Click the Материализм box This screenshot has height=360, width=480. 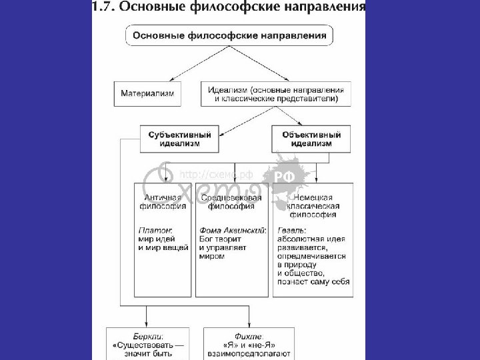pos(148,94)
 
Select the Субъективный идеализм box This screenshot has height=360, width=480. pos(179,139)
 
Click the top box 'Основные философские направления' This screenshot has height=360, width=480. pos(231,35)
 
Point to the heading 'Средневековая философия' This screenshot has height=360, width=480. pos(231,202)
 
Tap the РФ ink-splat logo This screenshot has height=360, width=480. pos(292,175)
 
